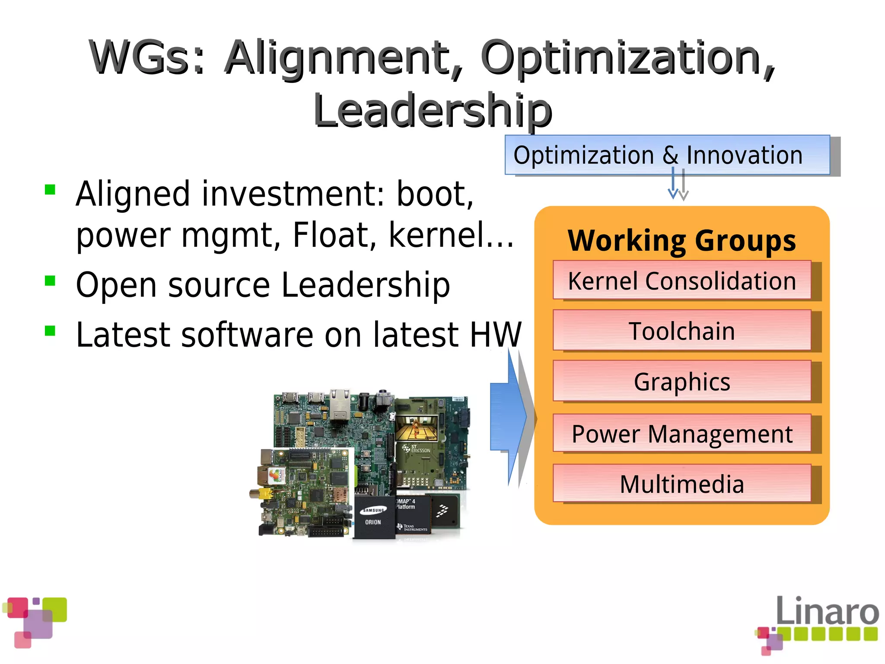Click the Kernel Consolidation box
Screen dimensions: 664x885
click(682, 280)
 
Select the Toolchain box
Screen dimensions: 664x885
click(682, 331)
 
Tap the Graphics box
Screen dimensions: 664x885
click(682, 381)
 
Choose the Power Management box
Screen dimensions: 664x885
click(682, 434)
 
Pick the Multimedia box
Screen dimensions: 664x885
click(682, 484)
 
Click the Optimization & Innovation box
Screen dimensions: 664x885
click(667, 155)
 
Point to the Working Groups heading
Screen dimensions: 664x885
click(681, 240)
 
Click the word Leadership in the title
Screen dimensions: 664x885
click(433, 111)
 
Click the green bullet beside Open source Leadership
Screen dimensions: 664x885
click(50, 281)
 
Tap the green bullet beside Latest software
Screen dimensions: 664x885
click(50, 331)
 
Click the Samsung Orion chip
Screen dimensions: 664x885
click(374, 517)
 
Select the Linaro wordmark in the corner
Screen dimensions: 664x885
click(827, 611)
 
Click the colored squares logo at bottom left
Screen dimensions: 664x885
click(35, 622)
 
